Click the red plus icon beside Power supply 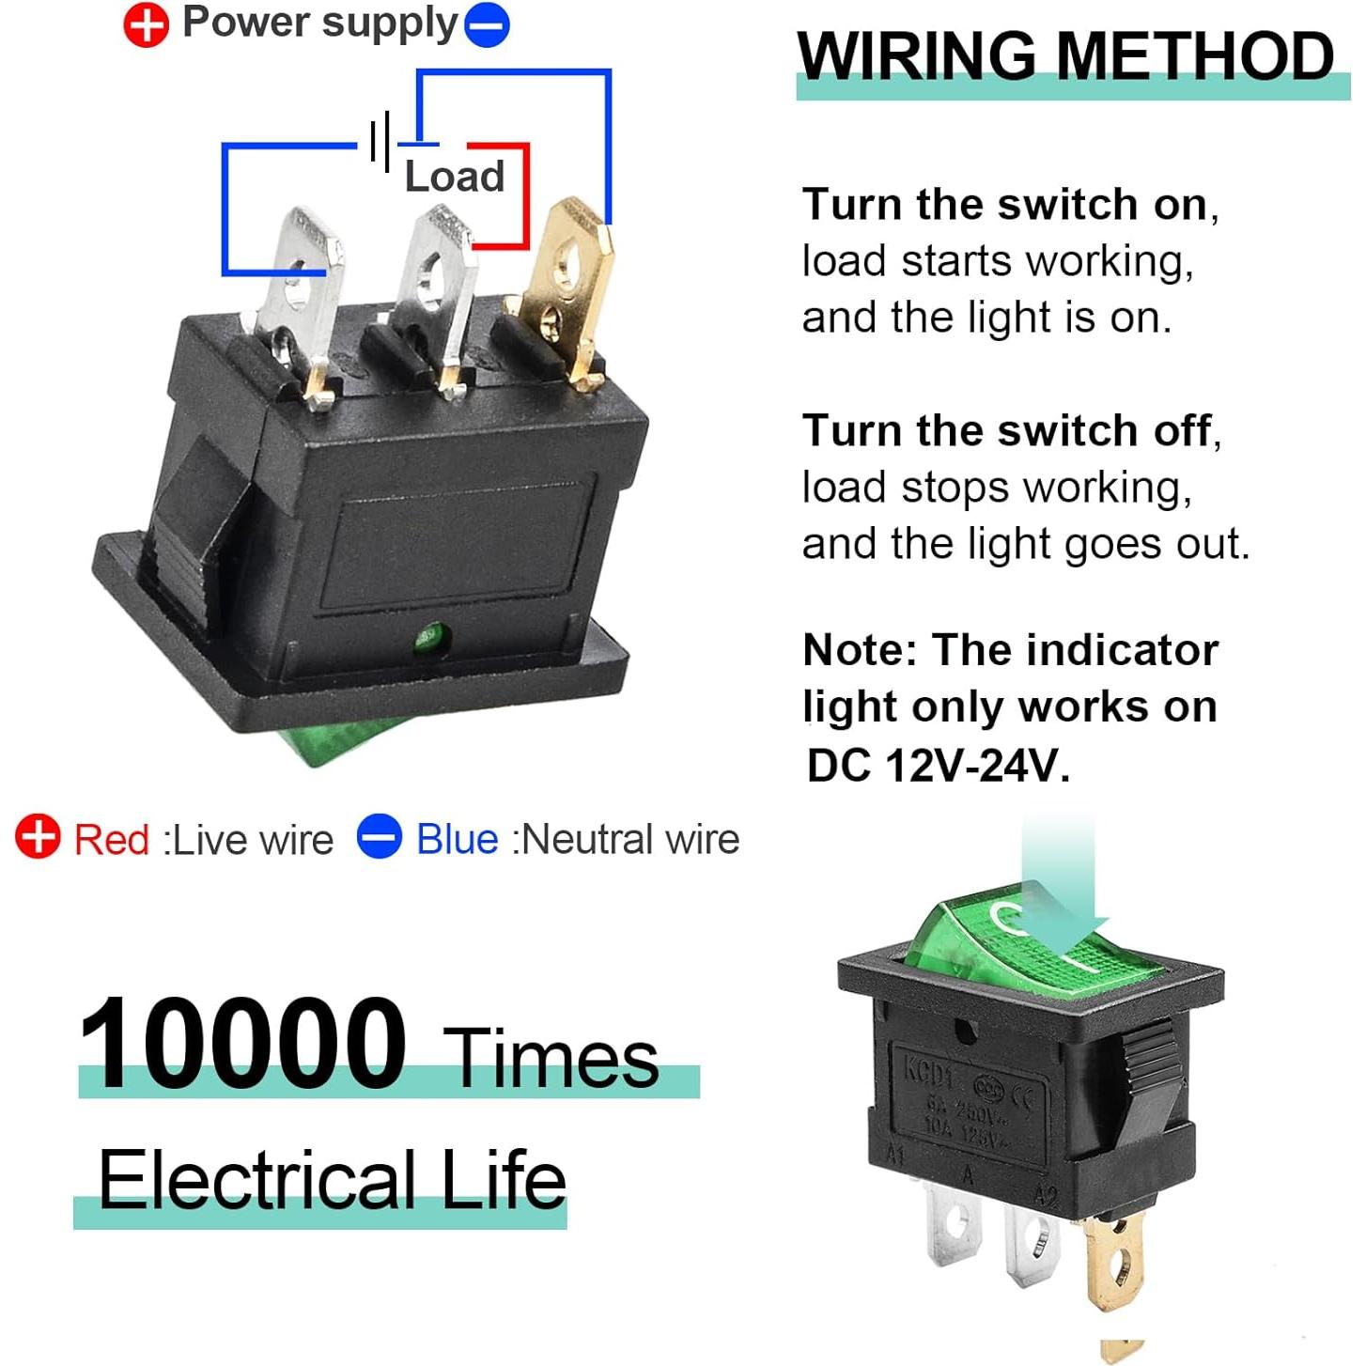(x=146, y=25)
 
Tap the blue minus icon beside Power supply (x=488, y=25)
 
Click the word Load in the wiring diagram (x=455, y=177)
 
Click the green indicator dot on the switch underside (x=430, y=640)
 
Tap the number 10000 (x=241, y=1044)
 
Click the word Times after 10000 (x=551, y=1059)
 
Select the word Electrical (x=257, y=1180)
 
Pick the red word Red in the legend (x=112, y=839)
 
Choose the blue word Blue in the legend (x=457, y=839)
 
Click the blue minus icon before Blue (x=380, y=836)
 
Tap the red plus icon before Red (x=39, y=836)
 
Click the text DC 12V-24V (x=938, y=766)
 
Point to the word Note (x=858, y=650)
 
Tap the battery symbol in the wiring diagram (x=380, y=143)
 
